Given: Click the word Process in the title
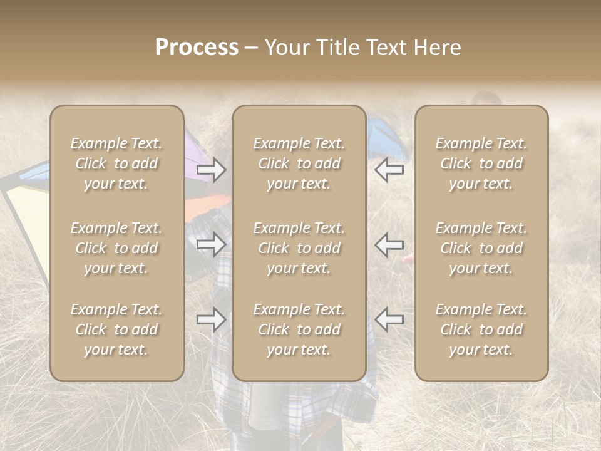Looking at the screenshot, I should [x=197, y=48].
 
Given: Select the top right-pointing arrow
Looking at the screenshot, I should [x=211, y=170].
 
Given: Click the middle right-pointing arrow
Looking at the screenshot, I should [x=211, y=244].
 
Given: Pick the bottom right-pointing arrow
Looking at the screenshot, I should [x=211, y=319].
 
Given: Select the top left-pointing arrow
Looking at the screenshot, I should [x=389, y=170].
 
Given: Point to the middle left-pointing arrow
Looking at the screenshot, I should [x=389, y=244].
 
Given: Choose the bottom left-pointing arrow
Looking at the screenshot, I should [x=389, y=319].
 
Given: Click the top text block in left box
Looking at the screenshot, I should [x=116, y=163].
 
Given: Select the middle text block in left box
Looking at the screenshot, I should [x=116, y=248].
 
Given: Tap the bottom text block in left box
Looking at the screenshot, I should [x=116, y=329].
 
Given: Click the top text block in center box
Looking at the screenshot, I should [x=299, y=163].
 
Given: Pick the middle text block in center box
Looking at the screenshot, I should [x=299, y=248].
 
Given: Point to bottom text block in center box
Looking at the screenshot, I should [x=299, y=329].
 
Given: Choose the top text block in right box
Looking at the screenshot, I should [x=481, y=163].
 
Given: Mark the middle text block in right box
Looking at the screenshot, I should [x=481, y=248].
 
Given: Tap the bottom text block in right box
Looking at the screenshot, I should [x=481, y=329].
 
